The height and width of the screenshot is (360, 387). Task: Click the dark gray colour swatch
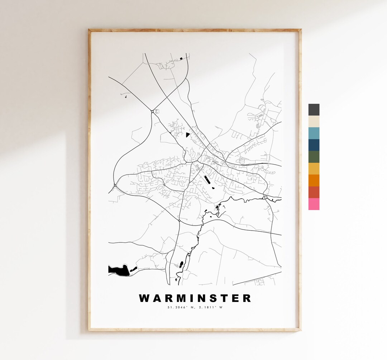tap(314, 110)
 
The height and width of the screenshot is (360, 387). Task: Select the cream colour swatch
tap(314, 121)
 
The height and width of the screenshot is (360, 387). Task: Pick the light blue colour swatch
tap(314, 133)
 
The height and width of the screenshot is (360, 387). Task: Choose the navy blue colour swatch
tap(314, 145)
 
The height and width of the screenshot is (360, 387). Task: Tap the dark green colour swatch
tap(314, 157)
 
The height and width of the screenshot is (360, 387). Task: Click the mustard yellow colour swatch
tap(314, 169)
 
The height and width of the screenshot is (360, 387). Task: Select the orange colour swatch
tap(314, 180)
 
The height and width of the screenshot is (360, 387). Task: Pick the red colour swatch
tap(314, 192)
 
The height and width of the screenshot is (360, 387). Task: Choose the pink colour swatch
tap(314, 204)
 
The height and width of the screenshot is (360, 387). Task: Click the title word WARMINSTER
tap(195, 298)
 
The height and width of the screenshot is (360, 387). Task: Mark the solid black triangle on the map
tap(187, 135)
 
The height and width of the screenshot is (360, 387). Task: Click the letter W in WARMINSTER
tap(144, 298)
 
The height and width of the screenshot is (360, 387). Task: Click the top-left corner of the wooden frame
tap(89, 30)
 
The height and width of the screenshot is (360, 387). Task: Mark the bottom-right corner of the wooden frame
tap(300, 330)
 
